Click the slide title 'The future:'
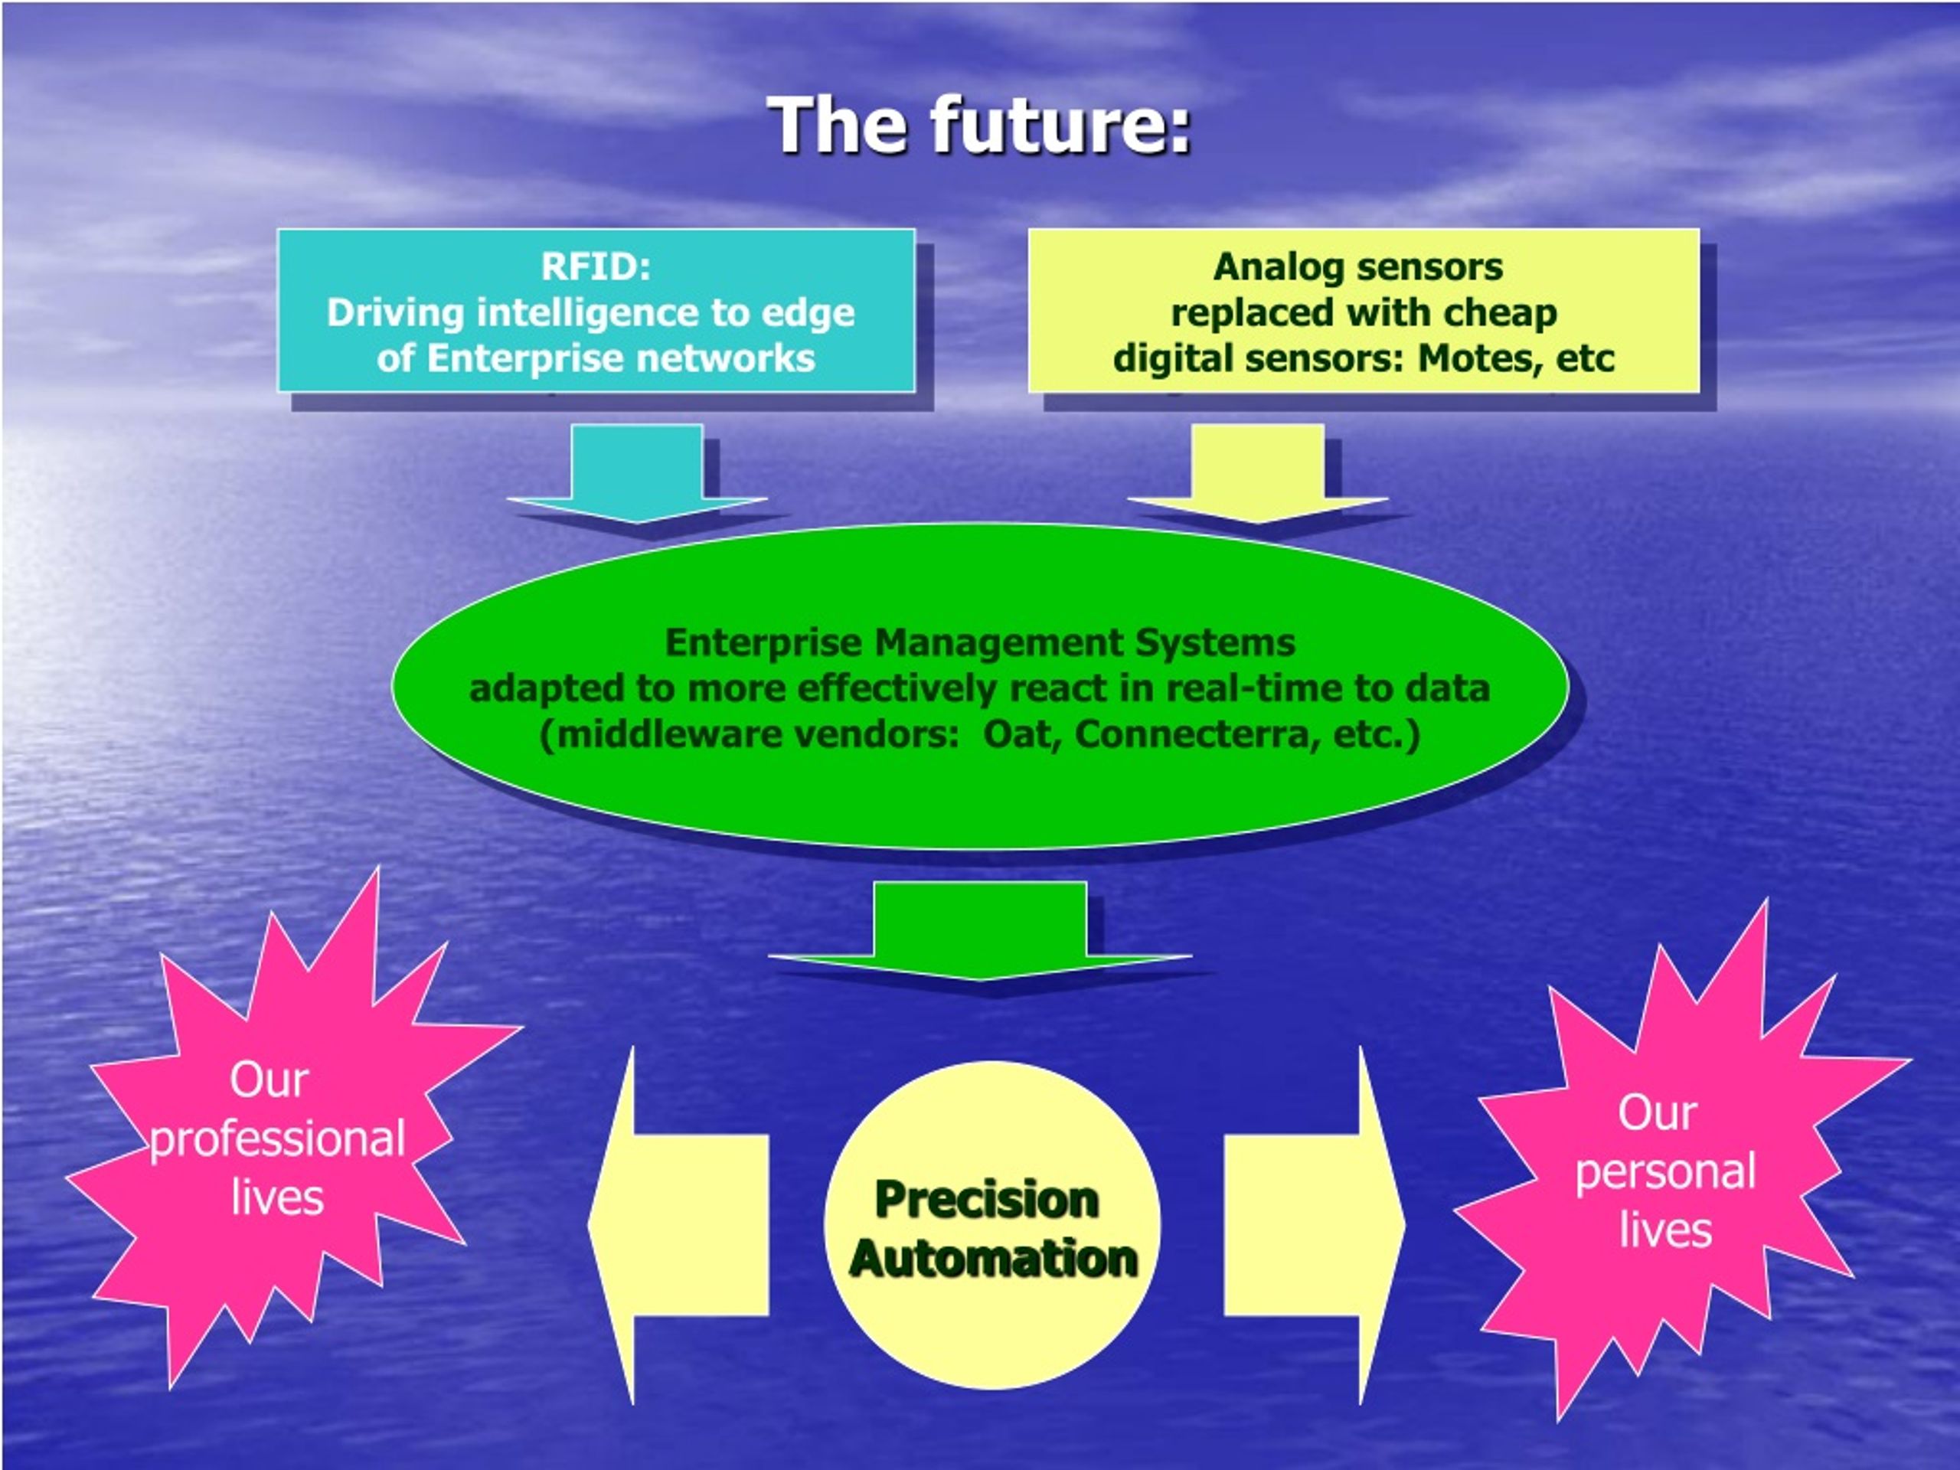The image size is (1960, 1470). tap(979, 125)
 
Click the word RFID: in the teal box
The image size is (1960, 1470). tap(596, 266)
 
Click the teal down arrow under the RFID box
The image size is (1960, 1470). tap(637, 473)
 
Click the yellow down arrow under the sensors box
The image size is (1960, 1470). tap(1257, 473)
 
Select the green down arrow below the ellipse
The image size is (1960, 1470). tap(980, 930)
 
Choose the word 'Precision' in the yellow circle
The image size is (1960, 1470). tap(987, 1200)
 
